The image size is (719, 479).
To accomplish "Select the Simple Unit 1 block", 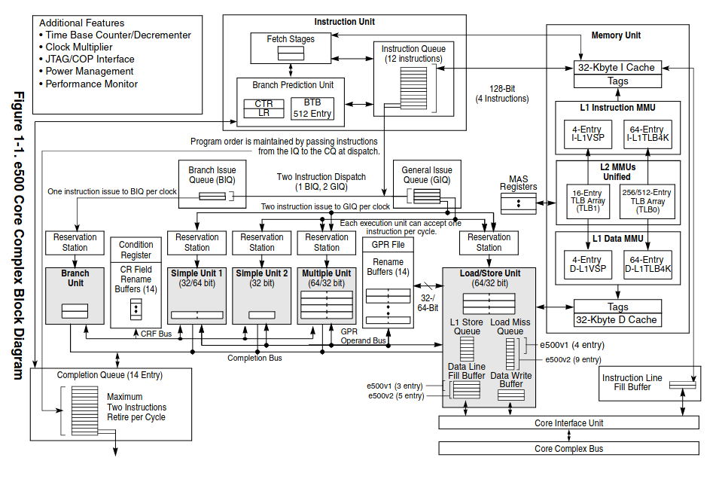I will click(197, 296).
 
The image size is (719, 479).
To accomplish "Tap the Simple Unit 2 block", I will click(261, 296).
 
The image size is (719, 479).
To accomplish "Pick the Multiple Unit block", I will click(326, 296).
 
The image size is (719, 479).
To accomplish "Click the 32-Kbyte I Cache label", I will click(616, 67).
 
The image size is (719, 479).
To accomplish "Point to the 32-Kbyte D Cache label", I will click(616, 319).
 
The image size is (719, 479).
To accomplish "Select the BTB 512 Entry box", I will click(312, 108).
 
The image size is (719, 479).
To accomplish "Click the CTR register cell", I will click(264, 103).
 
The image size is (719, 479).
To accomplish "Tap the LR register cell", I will click(264, 113).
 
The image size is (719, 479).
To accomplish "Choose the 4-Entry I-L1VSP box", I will click(587, 134).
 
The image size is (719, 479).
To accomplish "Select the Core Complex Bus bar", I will click(568, 449).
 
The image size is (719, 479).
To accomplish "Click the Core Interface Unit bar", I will click(568, 423).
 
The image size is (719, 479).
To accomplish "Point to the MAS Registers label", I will click(519, 182).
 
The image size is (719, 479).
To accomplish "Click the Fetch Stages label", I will click(285, 38).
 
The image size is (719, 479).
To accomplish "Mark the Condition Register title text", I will click(136, 249).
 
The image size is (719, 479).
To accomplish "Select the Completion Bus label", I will click(254, 358).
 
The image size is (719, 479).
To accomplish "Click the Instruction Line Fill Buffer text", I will click(632, 383).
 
